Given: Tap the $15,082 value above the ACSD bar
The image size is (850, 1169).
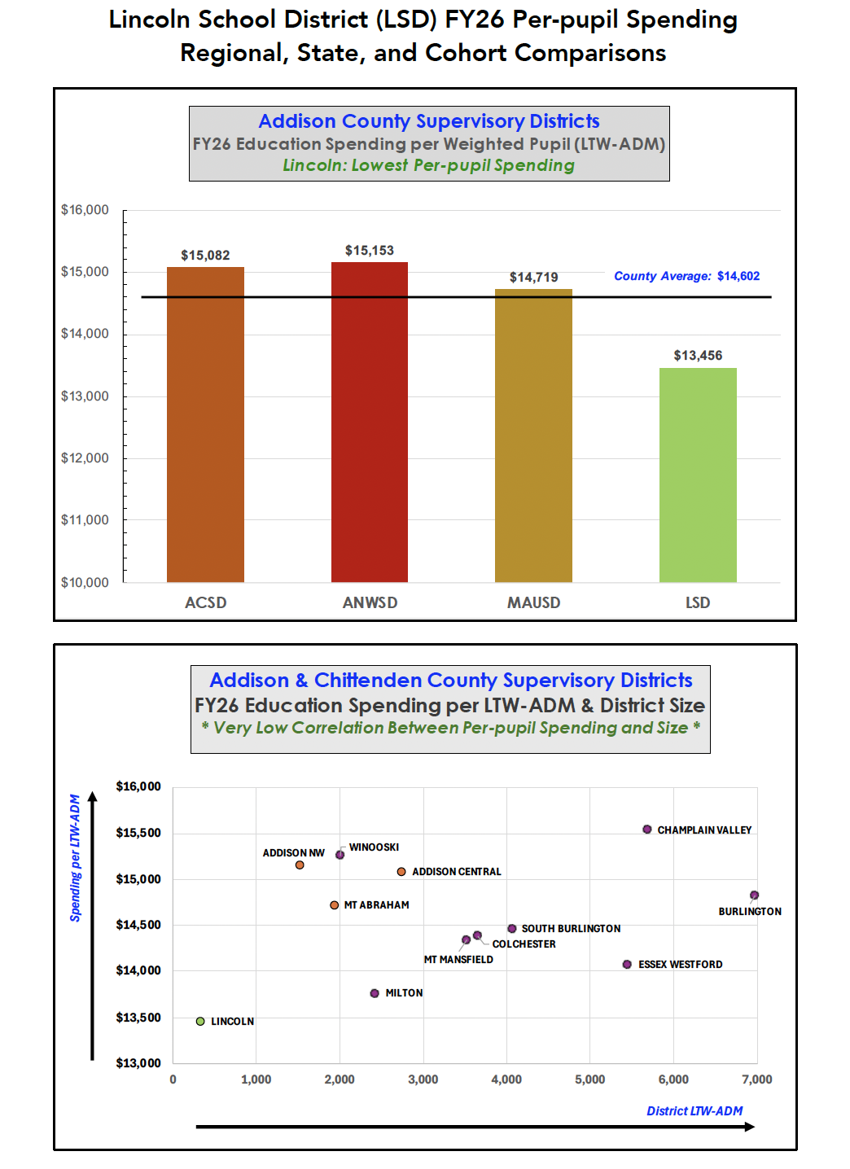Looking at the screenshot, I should click(205, 256).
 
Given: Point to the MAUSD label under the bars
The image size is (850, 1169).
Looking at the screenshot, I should click(533, 602).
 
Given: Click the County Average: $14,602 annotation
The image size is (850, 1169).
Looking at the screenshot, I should click(686, 276).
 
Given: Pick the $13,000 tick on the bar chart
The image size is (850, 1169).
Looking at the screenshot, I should click(85, 396).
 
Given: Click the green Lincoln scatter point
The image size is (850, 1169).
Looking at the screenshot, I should click(200, 1021).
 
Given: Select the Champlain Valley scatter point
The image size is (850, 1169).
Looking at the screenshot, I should click(647, 830).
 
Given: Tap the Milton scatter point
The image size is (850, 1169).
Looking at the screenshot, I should click(375, 993).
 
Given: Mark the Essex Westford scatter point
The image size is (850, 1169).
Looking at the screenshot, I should click(627, 965).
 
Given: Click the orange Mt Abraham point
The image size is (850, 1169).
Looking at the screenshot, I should click(335, 905).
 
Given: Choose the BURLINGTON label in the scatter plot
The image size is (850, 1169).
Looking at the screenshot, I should click(749, 912).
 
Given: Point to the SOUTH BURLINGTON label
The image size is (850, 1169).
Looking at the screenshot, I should click(571, 929).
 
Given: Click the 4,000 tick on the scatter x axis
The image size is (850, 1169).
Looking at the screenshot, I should click(506, 1079).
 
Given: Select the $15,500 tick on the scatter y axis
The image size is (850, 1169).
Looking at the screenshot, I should click(138, 833).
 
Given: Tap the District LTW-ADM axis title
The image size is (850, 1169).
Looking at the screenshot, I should click(694, 1111).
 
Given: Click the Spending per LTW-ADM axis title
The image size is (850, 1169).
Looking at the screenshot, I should click(76, 858).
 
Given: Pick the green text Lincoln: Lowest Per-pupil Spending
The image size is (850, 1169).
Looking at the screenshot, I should click(428, 165).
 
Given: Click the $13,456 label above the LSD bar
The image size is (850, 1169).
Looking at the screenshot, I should click(698, 356).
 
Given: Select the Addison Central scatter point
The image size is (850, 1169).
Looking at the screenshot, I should click(401, 872).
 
